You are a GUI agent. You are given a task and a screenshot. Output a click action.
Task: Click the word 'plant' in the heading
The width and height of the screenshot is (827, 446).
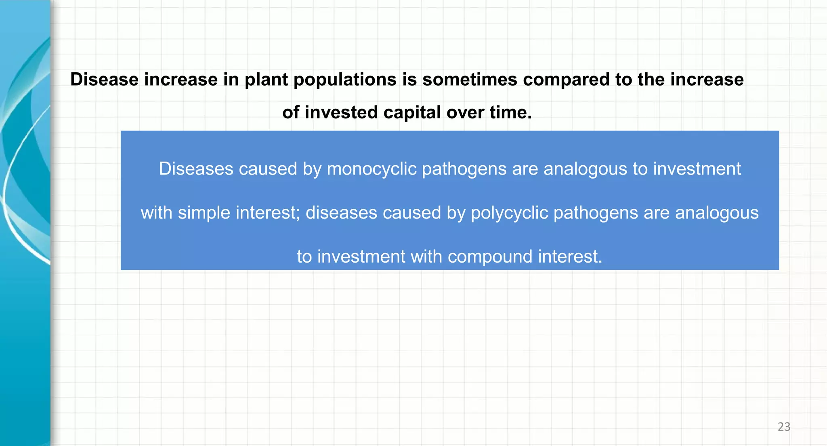pyautogui.click(x=266, y=80)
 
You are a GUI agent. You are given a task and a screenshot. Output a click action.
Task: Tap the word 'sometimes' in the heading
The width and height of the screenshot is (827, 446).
pyautogui.click(x=470, y=80)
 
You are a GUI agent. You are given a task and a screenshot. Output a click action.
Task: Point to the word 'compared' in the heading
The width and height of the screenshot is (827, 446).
pyautogui.click(x=566, y=80)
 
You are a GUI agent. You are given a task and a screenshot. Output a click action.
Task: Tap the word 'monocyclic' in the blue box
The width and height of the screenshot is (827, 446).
pyautogui.click(x=372, y=169)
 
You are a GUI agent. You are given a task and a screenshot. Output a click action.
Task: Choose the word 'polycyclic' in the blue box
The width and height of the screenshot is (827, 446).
pyautogui.click(x=510, y=213)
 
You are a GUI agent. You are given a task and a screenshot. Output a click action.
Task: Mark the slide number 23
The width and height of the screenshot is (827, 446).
pyautogui.click(x=784, y=427)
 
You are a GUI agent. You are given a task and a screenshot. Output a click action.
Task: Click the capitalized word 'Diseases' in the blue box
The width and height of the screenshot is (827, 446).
pyautogui.click(x=196, y=169)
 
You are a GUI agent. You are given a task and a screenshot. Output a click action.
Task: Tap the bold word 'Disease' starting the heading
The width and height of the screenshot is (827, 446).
pyautogui.click(x=105, y=80)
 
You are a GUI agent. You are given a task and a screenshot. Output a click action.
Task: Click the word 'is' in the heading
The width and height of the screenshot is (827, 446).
pyautogui.click(x=409, y=80)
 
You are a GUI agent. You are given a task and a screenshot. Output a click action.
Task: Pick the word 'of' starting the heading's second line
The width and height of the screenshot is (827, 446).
pyautogui.click(x=290, y=112)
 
